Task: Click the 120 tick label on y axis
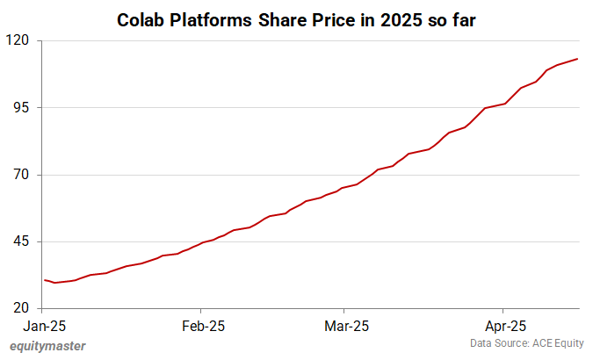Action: [19, 40]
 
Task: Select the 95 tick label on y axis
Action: [23, 107]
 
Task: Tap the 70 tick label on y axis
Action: [23, 175]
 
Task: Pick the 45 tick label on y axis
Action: [23, 241]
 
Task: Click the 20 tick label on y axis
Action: [23, 308]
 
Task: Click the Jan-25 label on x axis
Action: [45, 326]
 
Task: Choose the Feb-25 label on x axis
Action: [201, 326]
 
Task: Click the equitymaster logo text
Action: [47, 346]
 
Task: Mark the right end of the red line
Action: [577, 59]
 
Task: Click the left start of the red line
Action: [45, 280]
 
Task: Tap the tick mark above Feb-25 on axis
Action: [201, 311]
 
